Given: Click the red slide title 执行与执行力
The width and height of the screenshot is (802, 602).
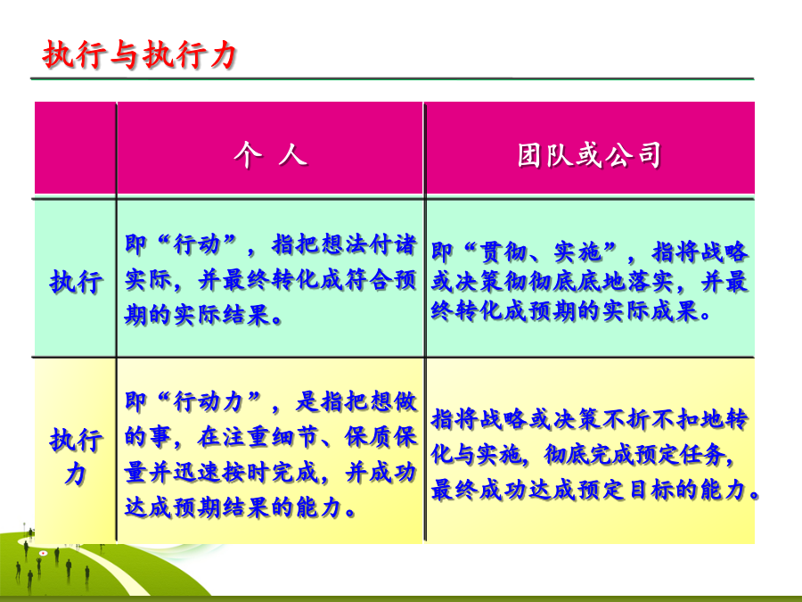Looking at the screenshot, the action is click(139, 54).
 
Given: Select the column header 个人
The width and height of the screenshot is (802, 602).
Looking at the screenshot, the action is click(271, 154).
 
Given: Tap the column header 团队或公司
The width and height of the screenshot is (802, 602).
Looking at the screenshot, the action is click(589, 155).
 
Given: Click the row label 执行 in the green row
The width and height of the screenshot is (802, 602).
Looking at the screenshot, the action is click(76, 282).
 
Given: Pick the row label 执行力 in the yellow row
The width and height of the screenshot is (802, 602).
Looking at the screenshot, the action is click(76, 456).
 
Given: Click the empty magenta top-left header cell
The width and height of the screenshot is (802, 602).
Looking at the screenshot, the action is click(75, 147).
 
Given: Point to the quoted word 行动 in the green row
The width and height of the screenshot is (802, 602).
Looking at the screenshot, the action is click(198, 244).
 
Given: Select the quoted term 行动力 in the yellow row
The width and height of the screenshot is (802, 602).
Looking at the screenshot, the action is click(209, 402).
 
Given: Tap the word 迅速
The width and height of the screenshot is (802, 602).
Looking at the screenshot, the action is click(197, 473).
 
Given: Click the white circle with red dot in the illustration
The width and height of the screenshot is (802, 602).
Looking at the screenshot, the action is click(44, 553).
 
